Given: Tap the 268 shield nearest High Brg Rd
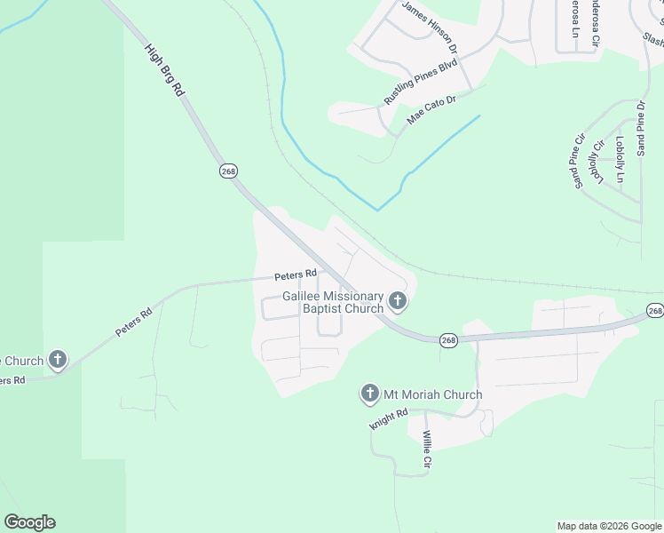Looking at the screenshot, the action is (227, 171).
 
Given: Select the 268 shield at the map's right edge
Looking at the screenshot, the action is (655, 310).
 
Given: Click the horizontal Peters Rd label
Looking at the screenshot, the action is (295, 274).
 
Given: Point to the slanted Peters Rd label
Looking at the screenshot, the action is (134, 322).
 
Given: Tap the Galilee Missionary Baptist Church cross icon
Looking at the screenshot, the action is (398, 302).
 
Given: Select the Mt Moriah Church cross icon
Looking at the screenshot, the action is (370, 394).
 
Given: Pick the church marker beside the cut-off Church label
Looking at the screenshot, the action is (58, 361).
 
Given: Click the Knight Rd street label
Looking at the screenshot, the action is (388, 419).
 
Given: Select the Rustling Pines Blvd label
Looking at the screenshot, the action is (420, 82).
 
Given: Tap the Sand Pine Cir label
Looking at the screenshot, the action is (580, 161).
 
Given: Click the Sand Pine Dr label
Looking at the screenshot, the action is (641, 129).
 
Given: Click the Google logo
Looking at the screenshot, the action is (29, 522).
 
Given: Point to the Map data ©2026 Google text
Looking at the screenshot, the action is (608, 526).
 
